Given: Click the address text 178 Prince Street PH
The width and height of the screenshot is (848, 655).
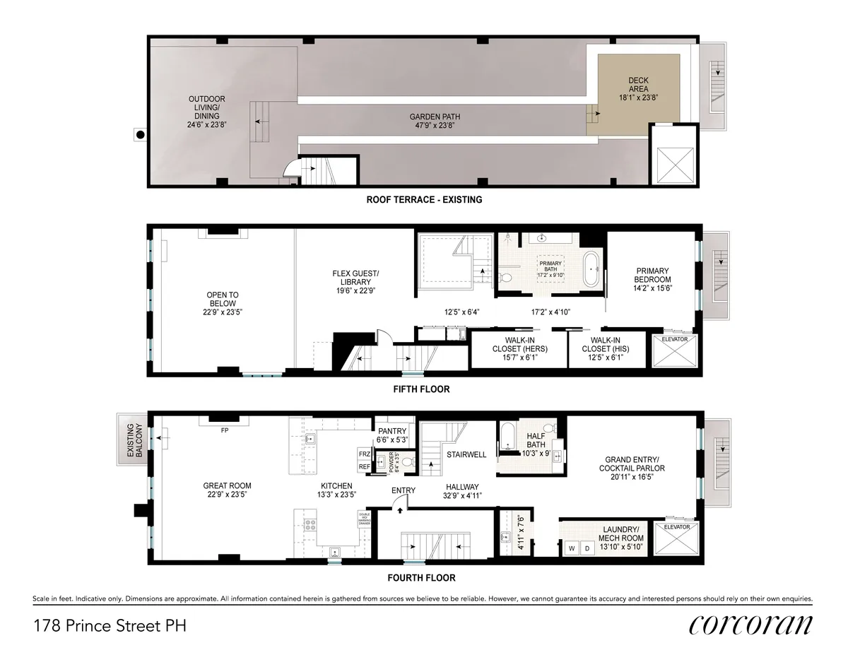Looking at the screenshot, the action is (x=110, y=625).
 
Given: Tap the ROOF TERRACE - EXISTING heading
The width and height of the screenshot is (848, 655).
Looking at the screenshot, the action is (x=424, y=200).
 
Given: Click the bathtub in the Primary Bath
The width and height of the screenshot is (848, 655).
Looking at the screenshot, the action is (x=591, y=270).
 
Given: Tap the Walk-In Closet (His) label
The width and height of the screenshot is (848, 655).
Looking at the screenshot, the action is (x=606, y=344).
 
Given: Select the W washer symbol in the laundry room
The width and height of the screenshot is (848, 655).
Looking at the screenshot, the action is (x=571, y=548).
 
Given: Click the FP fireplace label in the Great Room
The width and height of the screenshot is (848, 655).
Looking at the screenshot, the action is (x=224, y=430).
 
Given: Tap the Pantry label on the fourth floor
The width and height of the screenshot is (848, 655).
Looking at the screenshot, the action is (x=393, y=434).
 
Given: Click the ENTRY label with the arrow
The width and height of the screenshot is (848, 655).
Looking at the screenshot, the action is (x=403, y=490).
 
